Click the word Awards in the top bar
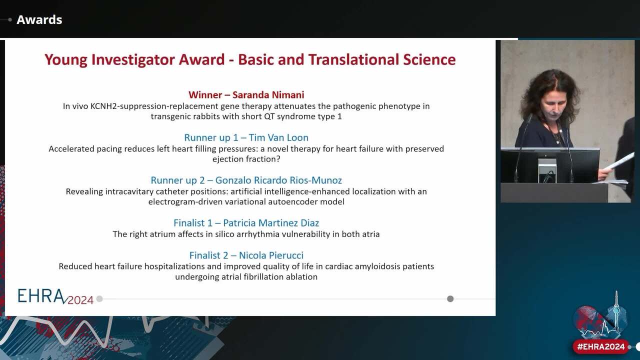click(39, 20)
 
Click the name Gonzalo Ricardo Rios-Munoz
click(278, 180)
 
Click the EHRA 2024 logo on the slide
click(55, 296)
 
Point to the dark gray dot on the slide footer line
click(450, 299)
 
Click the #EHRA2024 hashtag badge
click(600, 346)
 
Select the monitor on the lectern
click(550, 165)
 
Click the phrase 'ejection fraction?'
click(246, 159)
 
